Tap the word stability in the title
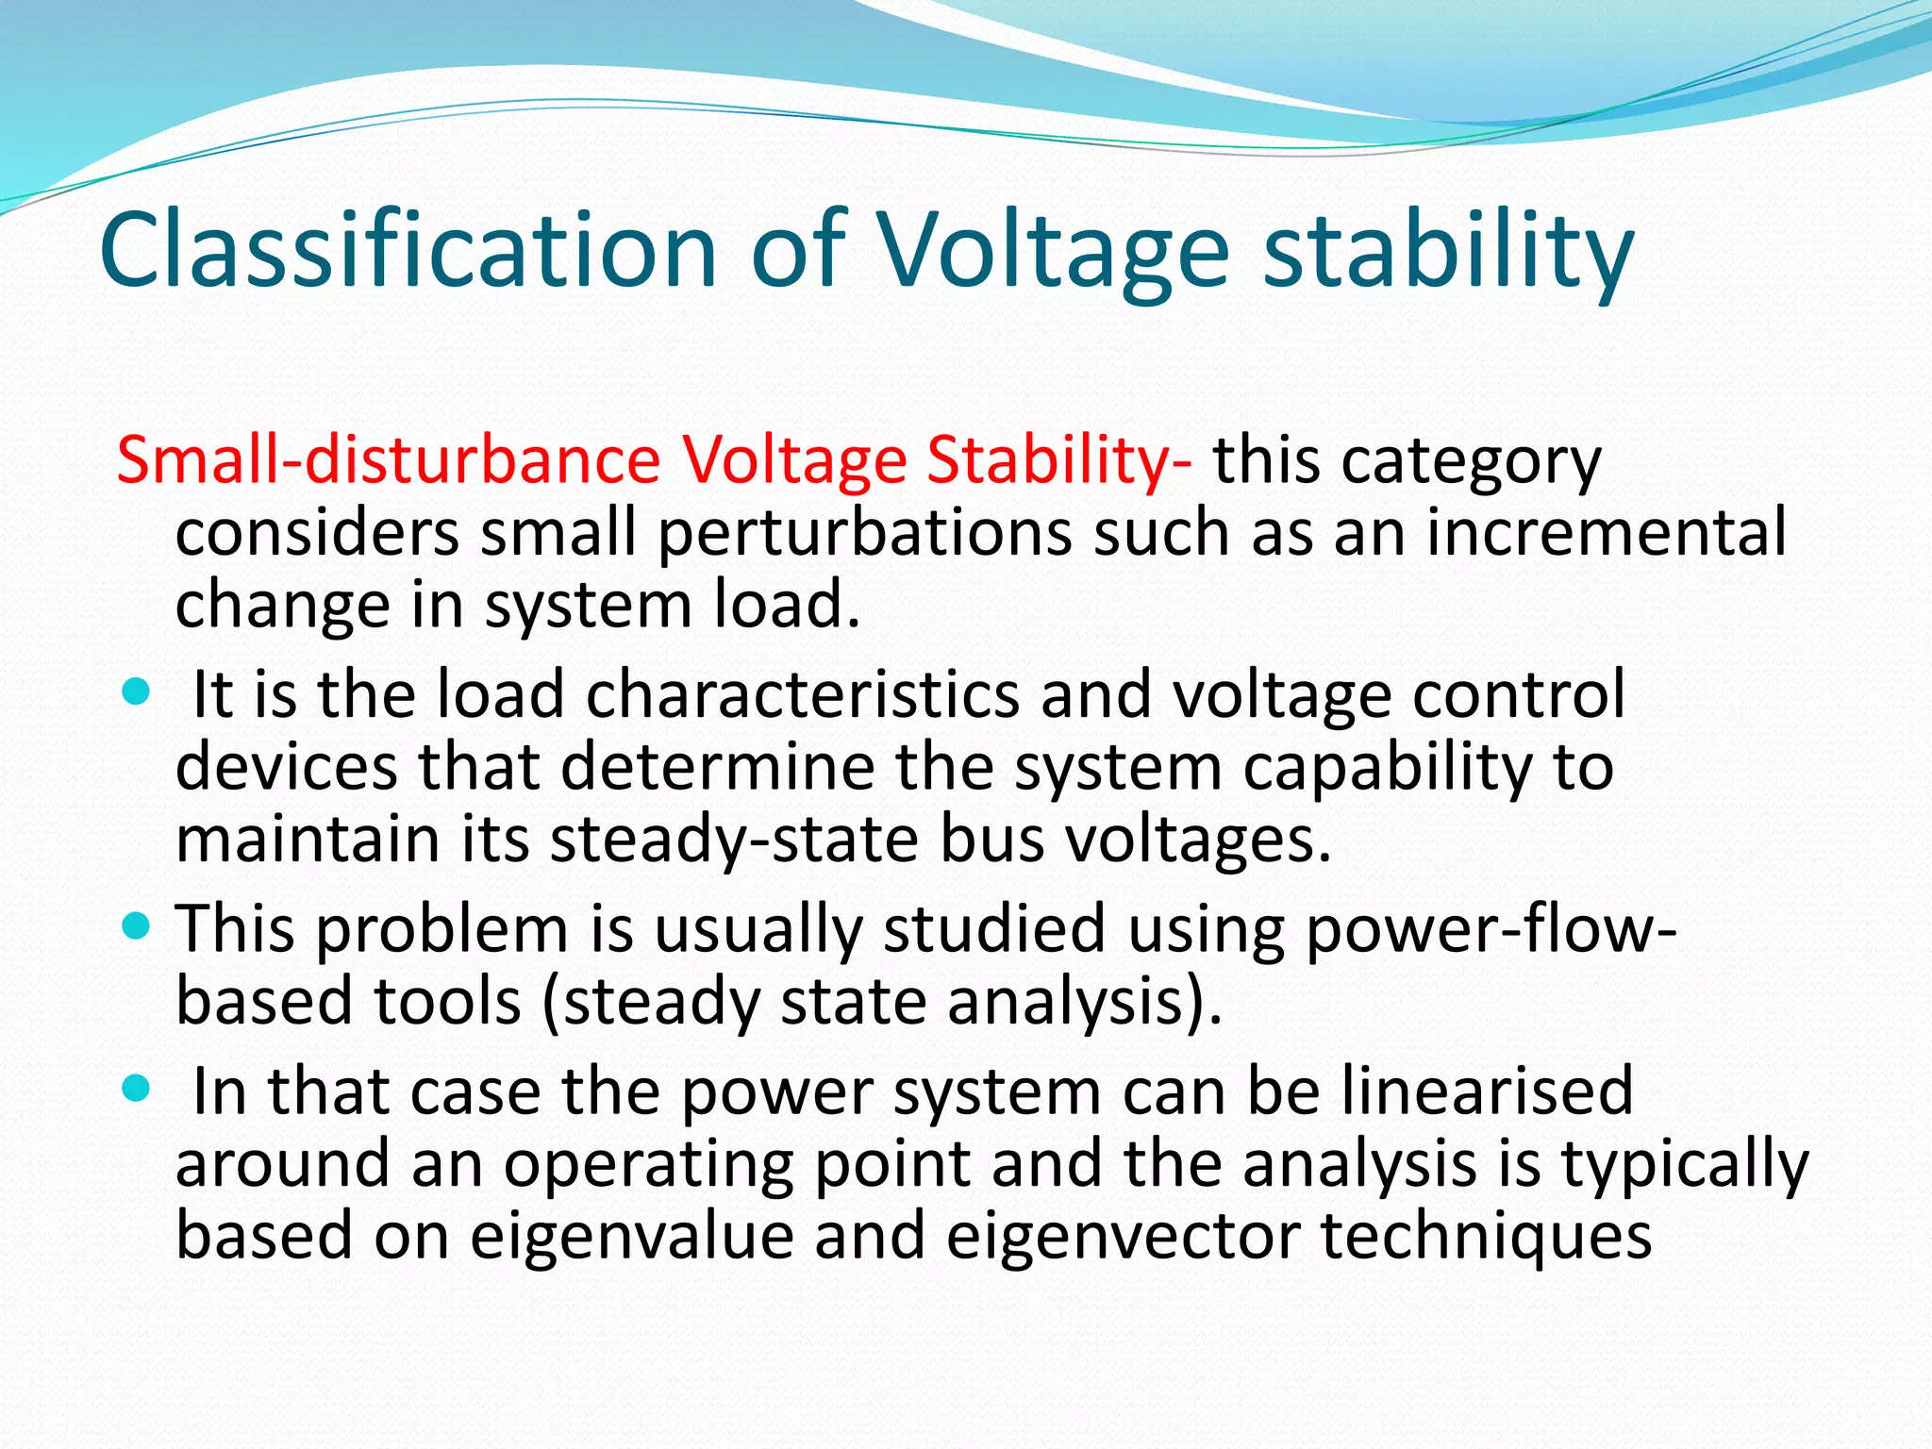1447,251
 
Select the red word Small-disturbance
388,461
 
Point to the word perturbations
864,533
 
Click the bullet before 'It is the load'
137,694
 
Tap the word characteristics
803,696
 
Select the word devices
287,767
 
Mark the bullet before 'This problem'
137,928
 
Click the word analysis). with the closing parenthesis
1085,1002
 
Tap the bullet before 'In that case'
137,1091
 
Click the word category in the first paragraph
1471,461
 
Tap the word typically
1685,1164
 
